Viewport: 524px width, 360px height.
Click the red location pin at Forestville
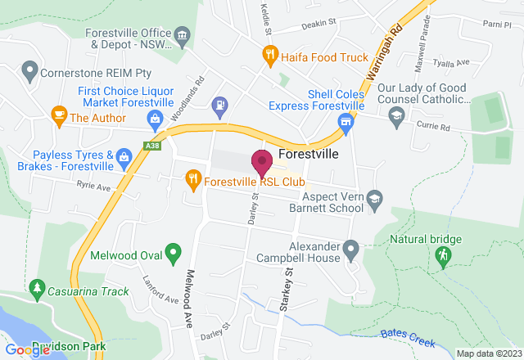[x=262, y=162]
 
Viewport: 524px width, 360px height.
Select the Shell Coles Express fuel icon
[x=346, y=122]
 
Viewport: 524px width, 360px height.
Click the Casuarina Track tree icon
[x=36, y=289]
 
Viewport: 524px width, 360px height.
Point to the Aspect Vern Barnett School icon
[x=373, y=196]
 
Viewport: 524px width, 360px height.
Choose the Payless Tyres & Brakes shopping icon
[x=124, y=156]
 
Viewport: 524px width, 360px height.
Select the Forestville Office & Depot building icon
[x=182, y=35]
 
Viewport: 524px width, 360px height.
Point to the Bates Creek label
[x=404, y=334]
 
